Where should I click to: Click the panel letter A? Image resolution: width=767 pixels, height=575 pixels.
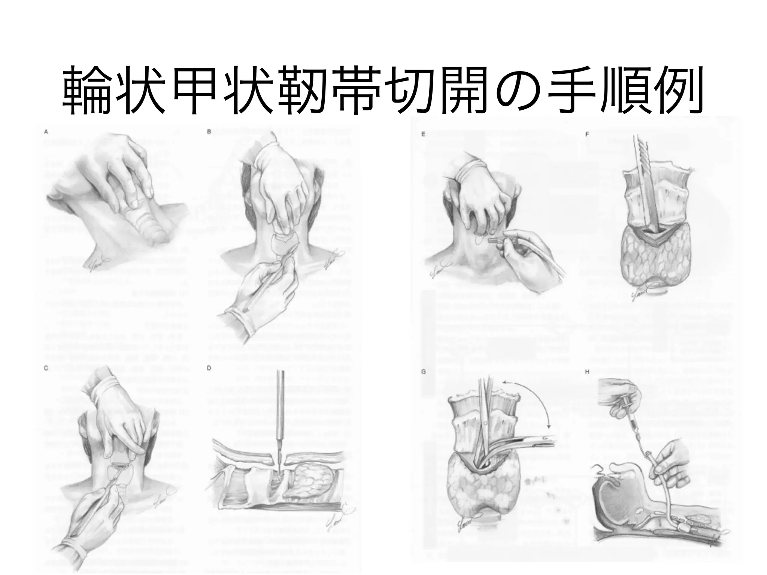tap(46, 132)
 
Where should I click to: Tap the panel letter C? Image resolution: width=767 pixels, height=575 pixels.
tap(46, 368)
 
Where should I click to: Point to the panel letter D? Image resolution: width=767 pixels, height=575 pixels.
tap(209, 368)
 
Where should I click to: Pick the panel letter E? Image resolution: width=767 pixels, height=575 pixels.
tap(424, 134)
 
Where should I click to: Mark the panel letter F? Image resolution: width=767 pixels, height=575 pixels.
tap(587, 134)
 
